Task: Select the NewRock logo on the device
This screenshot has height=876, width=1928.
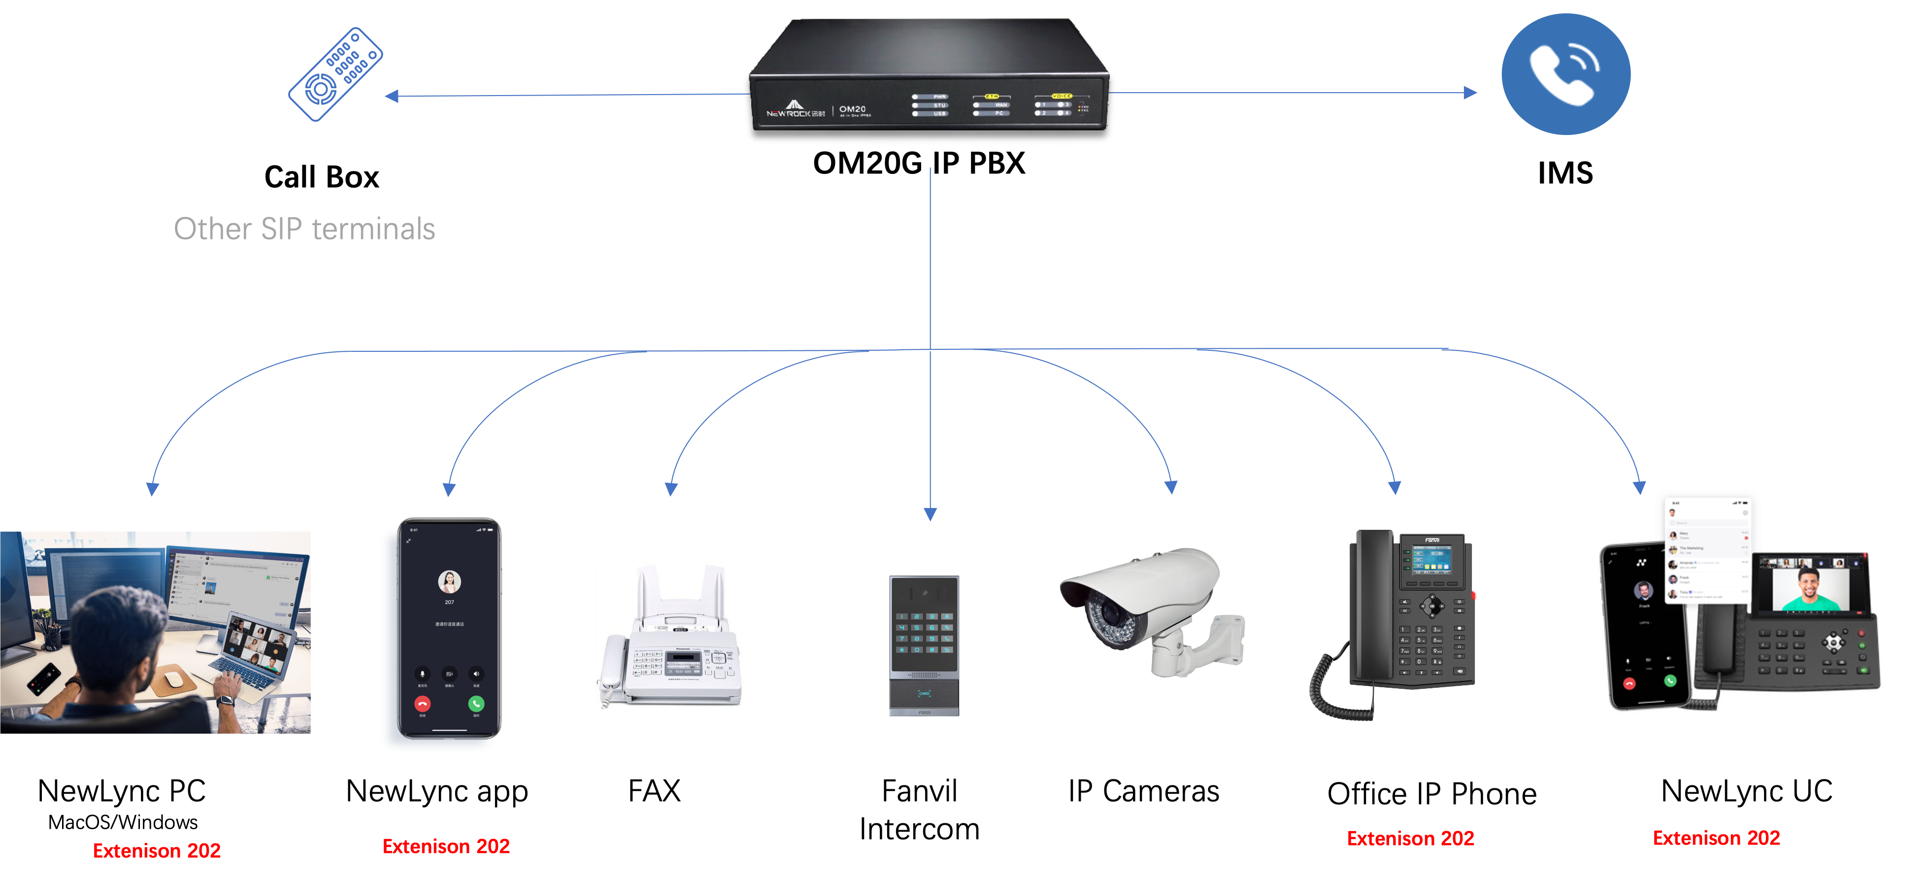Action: (795, 110)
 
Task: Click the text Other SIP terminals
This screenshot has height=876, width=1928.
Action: (304, 229)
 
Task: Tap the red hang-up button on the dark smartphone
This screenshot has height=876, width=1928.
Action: (423, 704)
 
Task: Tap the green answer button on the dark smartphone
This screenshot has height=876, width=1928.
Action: (476, 704)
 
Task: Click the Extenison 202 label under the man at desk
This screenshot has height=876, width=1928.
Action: (157, 850)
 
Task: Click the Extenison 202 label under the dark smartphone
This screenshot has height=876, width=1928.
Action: (446, 846)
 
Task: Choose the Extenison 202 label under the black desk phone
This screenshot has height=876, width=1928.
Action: (1410, 839)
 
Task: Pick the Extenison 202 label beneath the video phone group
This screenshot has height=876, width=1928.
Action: (1716, 838)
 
